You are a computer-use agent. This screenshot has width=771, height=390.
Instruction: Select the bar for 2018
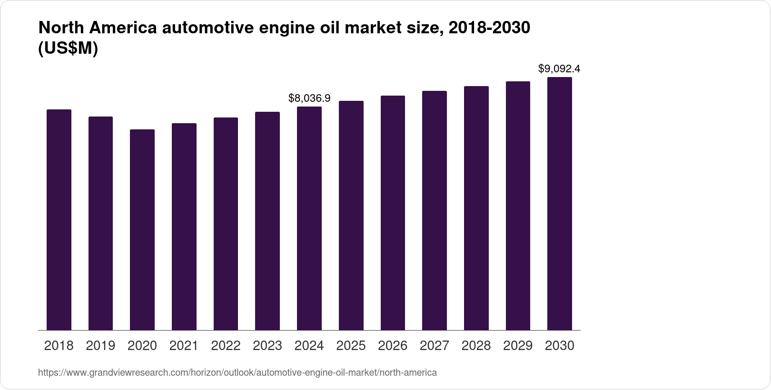tap(59, 220)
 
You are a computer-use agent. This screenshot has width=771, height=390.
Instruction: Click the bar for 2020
tap(142, 230)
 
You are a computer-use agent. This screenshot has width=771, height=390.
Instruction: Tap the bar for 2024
tap(309, 218)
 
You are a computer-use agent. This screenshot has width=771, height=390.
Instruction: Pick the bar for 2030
tap(560, 204)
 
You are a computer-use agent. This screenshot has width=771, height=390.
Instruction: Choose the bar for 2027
tap(435, 210)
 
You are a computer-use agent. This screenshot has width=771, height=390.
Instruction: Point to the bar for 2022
tap(226, 224)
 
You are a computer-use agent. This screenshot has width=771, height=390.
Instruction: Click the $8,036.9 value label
tap(309, 98)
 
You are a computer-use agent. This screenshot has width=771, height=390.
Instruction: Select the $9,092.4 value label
tap(559, 69)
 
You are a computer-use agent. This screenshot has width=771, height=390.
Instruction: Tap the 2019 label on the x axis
tap(100, 346)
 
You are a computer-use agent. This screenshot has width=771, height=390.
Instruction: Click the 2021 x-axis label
tap(184, 346)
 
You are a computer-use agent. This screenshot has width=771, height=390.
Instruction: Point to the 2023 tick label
tap(267, 346)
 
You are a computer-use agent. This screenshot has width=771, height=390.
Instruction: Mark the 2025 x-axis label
tap(351, 346)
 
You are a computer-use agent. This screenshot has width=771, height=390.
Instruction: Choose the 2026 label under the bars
tap(393, 346)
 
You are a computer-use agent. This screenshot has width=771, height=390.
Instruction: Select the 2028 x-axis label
tap(476, 346)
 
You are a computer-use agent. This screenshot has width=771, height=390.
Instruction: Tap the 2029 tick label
tap(518, 346)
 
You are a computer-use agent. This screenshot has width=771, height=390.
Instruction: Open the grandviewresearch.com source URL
tap(237, 372)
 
